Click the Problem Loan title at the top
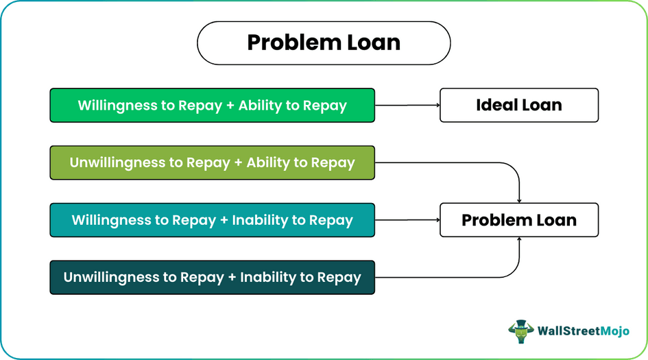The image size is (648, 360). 324,43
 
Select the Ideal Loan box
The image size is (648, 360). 518,106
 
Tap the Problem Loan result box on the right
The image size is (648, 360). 518,220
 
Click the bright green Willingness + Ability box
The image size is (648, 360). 212,106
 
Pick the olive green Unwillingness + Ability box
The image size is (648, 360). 212,163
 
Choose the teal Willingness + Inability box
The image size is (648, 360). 212,220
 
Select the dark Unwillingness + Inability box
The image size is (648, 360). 212,278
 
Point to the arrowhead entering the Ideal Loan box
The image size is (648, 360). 435,106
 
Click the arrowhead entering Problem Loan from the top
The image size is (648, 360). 519,200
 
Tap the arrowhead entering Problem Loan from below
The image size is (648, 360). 519,241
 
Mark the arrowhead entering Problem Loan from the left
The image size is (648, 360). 435,220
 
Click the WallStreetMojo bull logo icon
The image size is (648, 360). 520,331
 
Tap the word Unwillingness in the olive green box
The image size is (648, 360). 115,163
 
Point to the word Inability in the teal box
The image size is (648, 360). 261,220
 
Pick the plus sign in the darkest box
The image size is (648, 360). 231,278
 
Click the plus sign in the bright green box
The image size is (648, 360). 230,106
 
